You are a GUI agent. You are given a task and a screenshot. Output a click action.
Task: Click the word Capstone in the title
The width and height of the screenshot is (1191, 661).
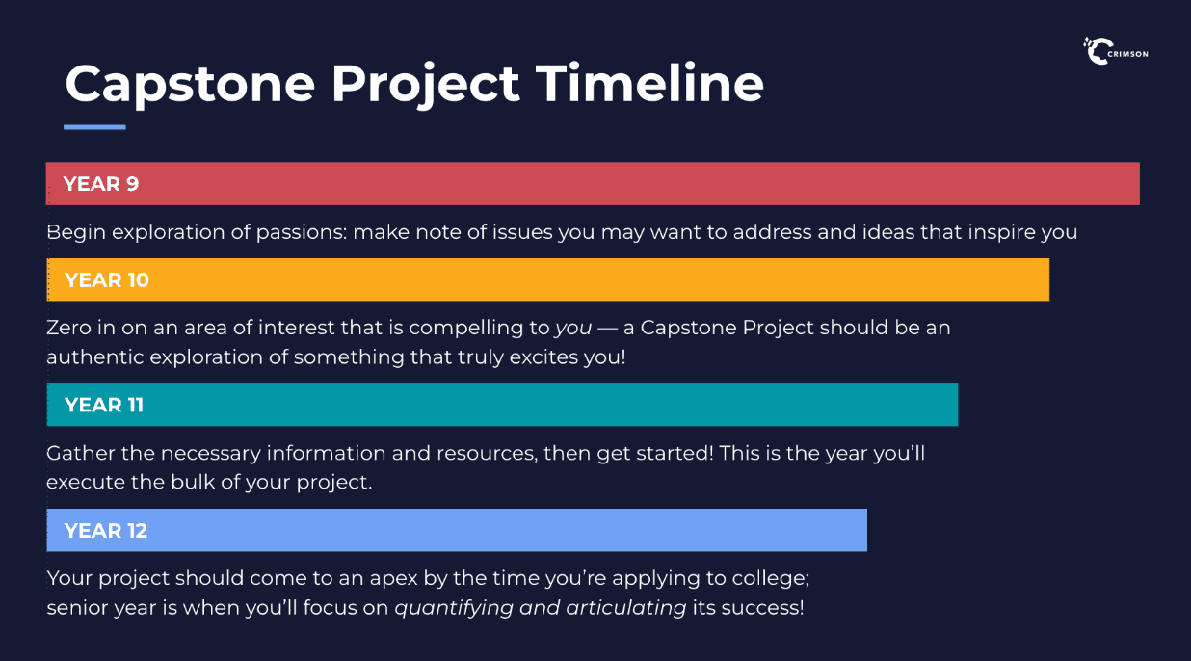(190, 85)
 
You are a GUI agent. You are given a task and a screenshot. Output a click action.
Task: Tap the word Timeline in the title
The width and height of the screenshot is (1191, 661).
(649, 83)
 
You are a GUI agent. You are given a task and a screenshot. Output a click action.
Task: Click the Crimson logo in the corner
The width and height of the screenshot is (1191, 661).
(1116, 51)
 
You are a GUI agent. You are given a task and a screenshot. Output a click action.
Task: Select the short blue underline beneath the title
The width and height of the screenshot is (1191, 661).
(94, 127)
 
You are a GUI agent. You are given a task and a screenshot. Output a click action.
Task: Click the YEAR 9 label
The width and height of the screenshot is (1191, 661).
(101, 184)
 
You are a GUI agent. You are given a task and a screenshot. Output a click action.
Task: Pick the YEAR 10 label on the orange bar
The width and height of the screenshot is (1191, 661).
(107, 280)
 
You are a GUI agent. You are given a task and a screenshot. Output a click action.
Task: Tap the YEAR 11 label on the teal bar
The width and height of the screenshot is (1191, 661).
(104, 406)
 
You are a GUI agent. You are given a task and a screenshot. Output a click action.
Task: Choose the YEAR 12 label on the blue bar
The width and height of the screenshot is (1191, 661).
(106, 531)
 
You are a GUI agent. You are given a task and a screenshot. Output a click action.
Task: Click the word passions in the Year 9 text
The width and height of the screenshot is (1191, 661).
(302, 233)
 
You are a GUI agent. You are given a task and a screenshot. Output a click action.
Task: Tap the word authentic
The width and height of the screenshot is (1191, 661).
(95, 357)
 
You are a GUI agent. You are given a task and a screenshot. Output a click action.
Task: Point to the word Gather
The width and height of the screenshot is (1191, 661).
(81, 453)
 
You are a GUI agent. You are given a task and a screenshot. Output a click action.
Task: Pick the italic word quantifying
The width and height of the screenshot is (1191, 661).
(454, 608)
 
